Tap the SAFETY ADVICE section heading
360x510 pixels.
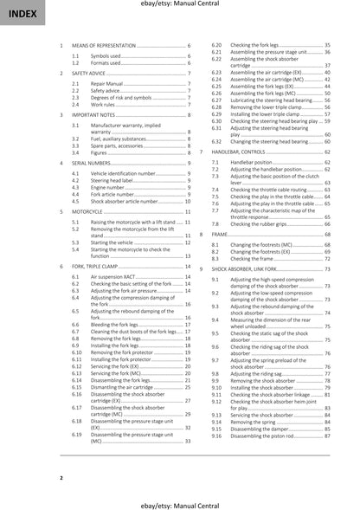(x=91, y=75)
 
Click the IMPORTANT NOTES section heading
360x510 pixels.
(x=93, y=114)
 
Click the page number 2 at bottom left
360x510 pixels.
(x=61, y=477)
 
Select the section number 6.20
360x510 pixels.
(x=216, y=44)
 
